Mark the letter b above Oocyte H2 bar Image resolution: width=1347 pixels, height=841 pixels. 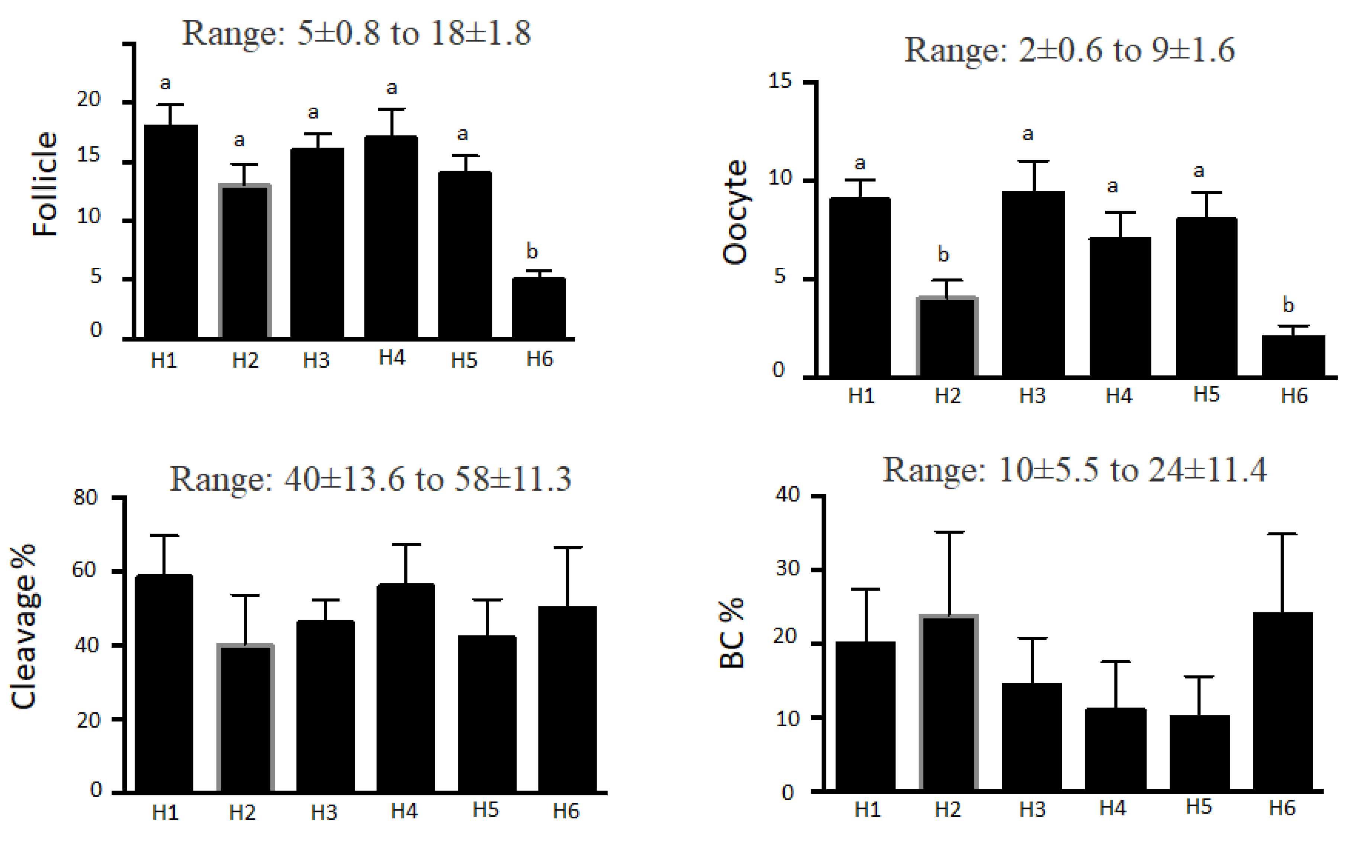(x=942, y=254)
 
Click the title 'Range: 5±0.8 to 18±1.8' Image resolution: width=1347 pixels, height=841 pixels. (x=356, y=33)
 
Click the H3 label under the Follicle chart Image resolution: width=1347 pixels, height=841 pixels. (x=316, y=360)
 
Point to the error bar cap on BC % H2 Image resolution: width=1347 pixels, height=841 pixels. (x=949, y=532)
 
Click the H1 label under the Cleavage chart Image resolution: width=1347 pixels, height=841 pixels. (x=165, y=813)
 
